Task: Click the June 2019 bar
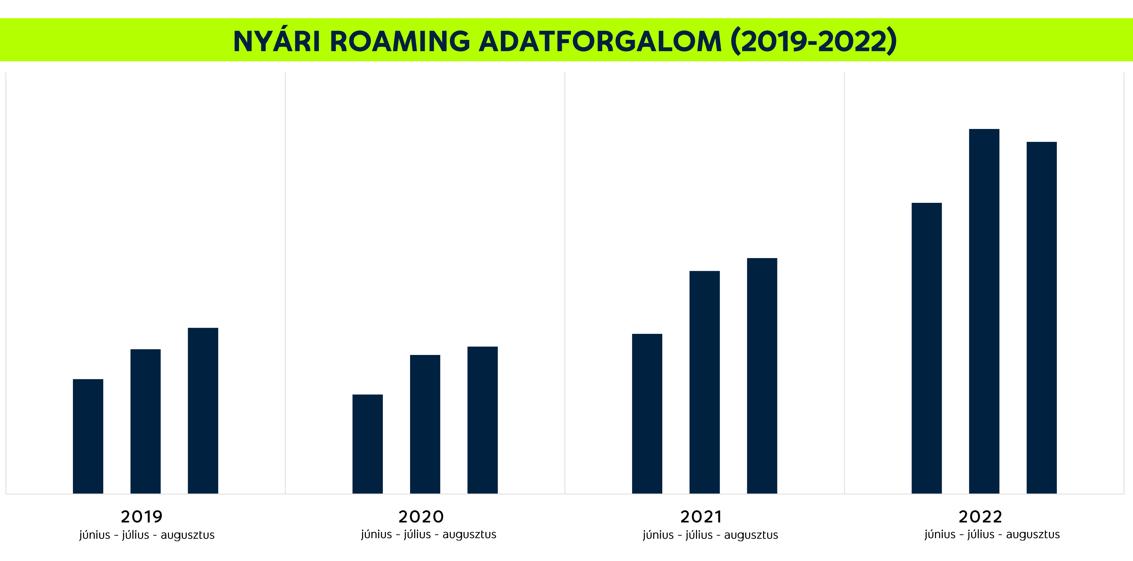[88, 436]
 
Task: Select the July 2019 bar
[146, 421]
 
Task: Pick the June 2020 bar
[368, 443]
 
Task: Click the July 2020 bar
[425, 424]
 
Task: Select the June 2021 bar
[647, 413]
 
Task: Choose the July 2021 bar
[704, 382]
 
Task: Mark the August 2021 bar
[762, 375]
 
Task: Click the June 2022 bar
[927, 348]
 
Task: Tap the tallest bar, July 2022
[984, 311]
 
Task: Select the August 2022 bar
[1042, 317]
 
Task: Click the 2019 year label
[142, 516]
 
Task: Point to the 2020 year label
[421, 516]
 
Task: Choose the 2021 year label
[701, 516]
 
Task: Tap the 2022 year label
[980, 516]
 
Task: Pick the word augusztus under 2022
[1033, 535]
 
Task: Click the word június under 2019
[95, 535]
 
